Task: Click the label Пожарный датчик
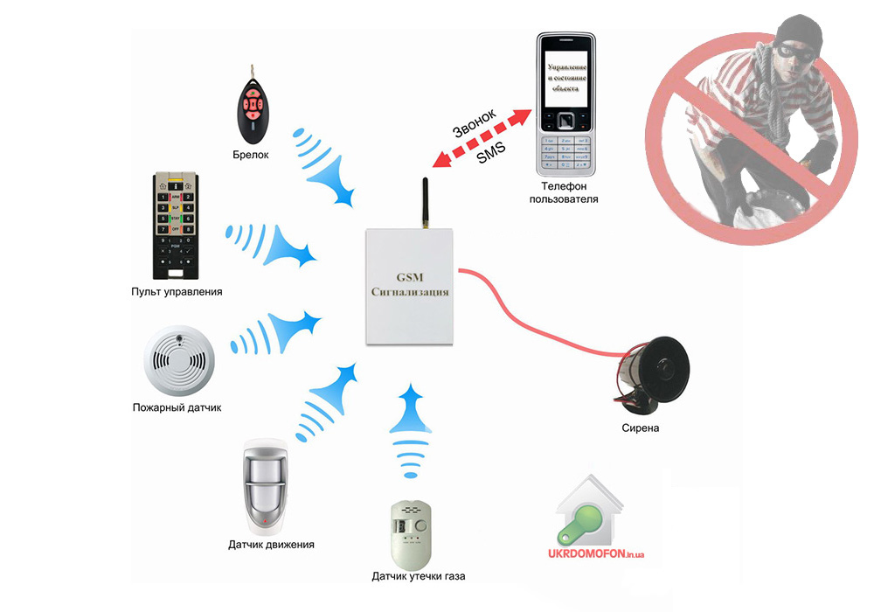click(177, 407)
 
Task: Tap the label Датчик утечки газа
click(419, 576)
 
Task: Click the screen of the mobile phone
click(567, 82)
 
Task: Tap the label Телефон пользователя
click(565, 193)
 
